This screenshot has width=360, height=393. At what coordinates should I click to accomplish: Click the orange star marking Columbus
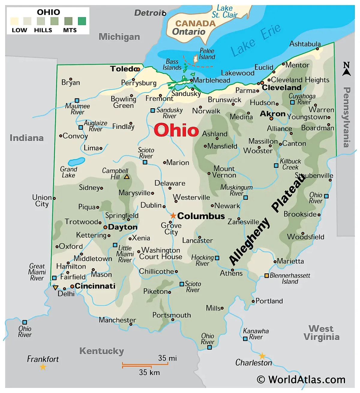tap(173, 216)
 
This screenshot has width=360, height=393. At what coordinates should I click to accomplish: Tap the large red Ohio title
tap(176, 130)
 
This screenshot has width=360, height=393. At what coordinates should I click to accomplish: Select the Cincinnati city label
tap(95, 286)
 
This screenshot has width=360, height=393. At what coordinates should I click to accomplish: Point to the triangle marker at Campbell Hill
tap(127, 177)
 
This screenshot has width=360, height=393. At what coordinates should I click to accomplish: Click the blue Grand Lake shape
tap(76, 162)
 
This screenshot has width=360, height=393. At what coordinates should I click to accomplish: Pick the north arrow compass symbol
tap(346, 69)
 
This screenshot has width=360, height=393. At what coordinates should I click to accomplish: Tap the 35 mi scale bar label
tap(167, 358)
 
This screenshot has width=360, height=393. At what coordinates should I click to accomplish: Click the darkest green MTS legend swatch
tap(82, 21)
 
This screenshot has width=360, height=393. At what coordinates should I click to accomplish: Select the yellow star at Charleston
tap(262, 356)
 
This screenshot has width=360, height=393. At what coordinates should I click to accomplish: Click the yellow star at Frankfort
tap(43, 367)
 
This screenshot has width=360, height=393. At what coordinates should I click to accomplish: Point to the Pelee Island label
tap(207, 54)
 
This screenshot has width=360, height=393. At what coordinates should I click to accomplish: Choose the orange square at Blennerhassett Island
tap(266, 275)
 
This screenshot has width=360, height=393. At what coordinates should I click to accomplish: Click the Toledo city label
tap(123, 69)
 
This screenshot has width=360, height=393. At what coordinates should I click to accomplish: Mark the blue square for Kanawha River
tap(245, 338)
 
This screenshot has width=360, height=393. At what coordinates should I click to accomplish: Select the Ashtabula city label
tap(305, 44)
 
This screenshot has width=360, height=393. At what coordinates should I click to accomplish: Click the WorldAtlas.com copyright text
tap(301, 380)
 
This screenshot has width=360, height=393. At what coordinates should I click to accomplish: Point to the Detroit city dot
tap(164, 14)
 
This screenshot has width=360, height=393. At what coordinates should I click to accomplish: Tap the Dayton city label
tap(123, 227)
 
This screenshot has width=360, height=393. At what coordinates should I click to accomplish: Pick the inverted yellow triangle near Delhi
tap(55, 288)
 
